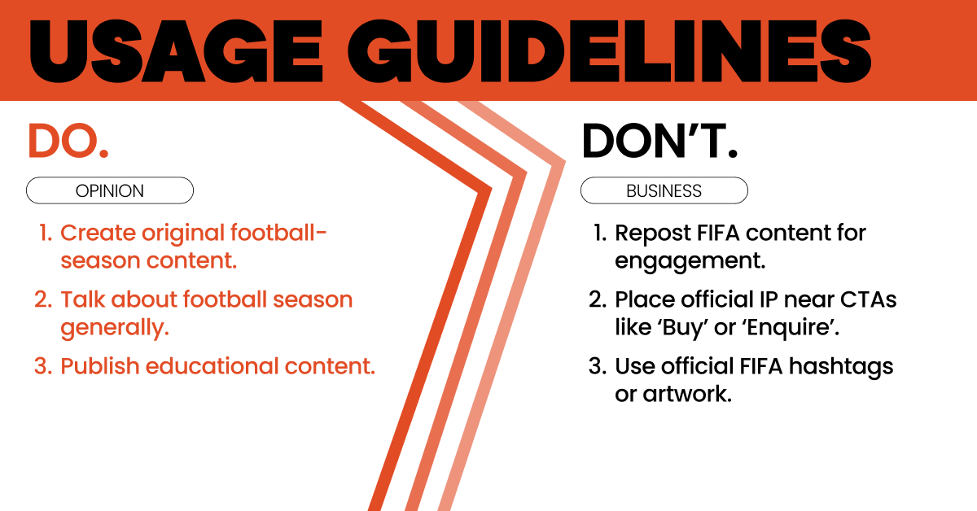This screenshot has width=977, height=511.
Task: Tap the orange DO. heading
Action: pos(68,142)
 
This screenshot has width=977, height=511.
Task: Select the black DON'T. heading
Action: pos(659,142)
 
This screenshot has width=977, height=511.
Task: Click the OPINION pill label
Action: pos(109,191)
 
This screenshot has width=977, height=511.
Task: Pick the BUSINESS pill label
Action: pos(664,191)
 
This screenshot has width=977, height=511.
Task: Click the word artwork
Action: pos(687,394)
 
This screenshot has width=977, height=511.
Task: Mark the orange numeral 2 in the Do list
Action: pos(42,299)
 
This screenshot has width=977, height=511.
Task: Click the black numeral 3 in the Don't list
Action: pos(596,366)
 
